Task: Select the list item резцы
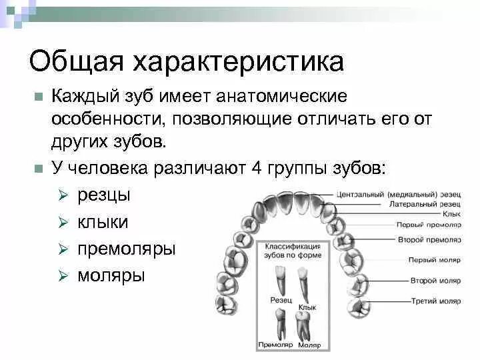(104, 195)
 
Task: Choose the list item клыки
(103, 222)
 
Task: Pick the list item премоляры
(127, 249)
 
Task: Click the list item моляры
(111, 275)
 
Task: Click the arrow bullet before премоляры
(63, 249)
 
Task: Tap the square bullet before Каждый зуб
(39, 97)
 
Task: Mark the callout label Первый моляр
(436, 259)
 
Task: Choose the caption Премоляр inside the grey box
(275, 345)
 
